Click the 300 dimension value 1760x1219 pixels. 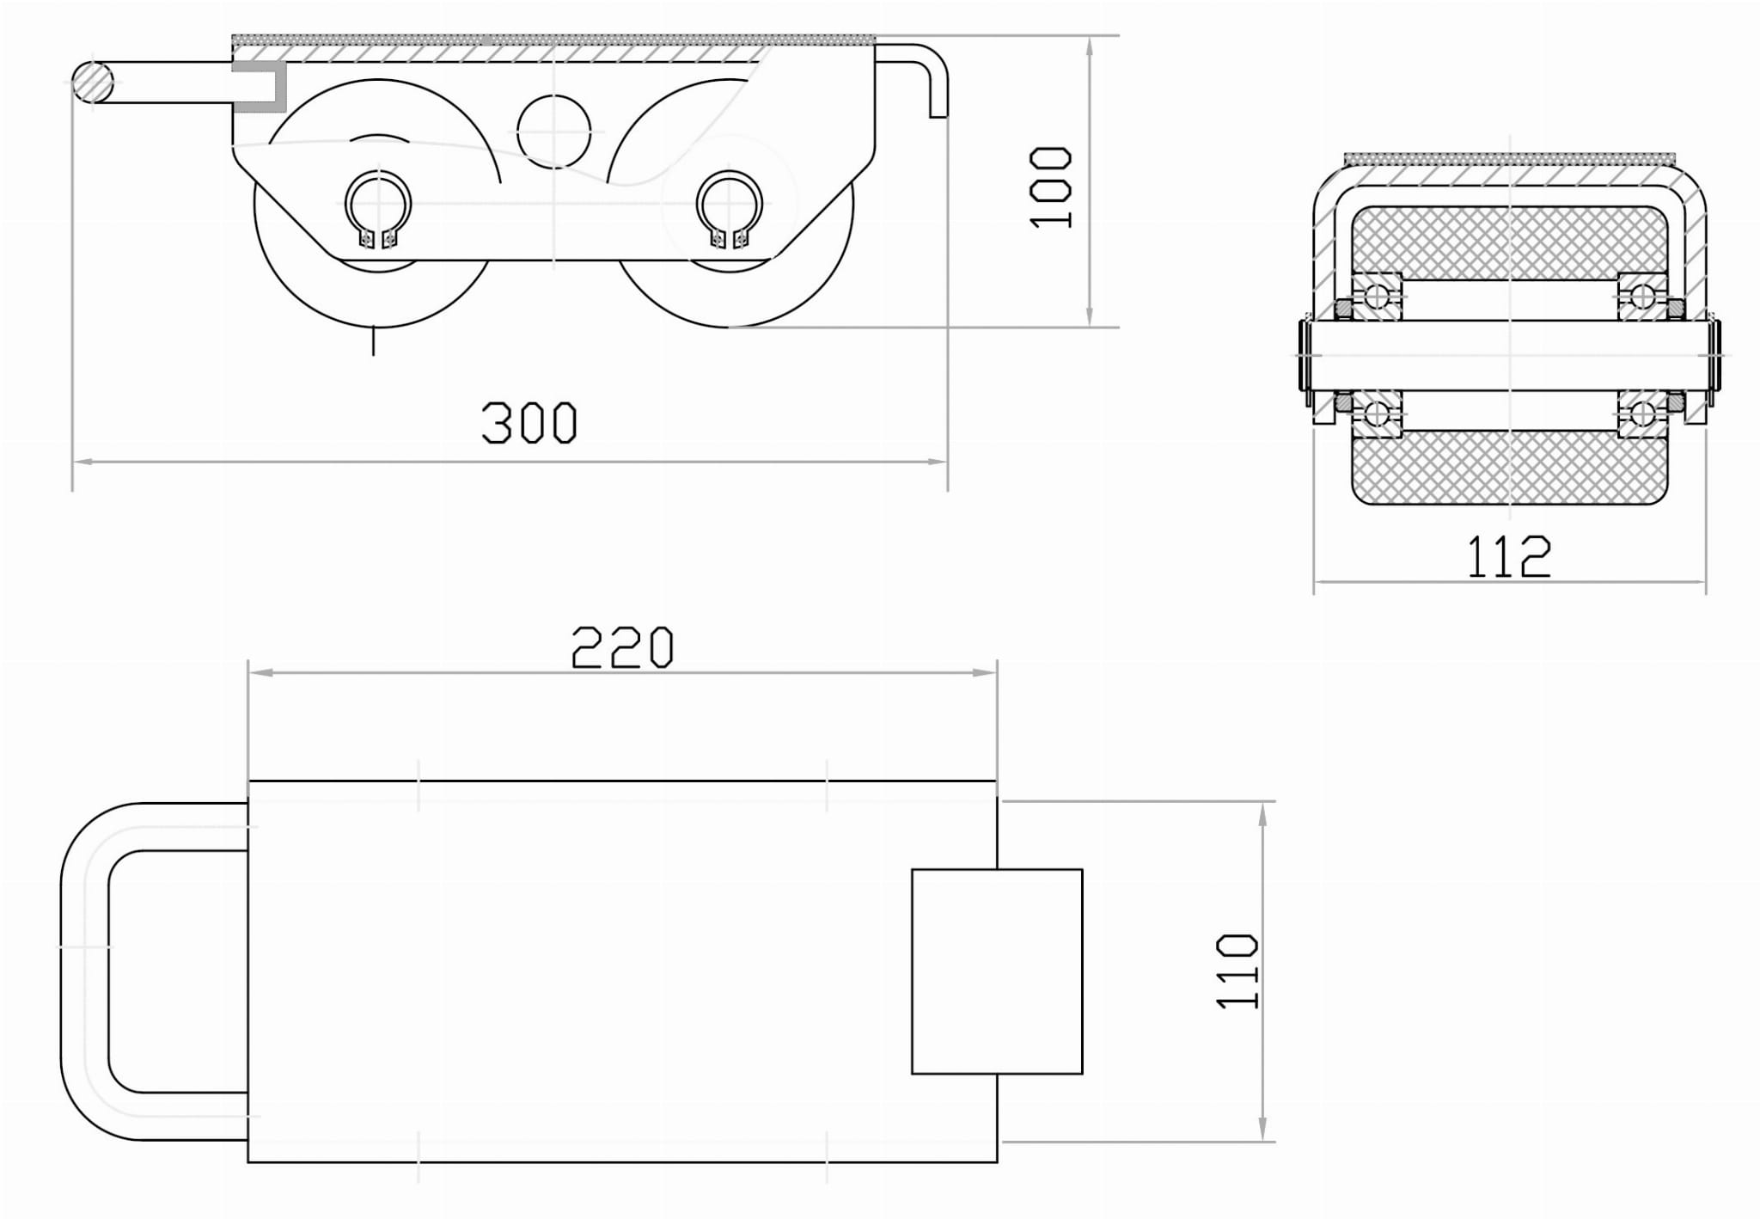[x=529, y=422]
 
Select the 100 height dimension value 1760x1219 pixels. [x=1051, y=187]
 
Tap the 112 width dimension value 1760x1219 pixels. [x=1509, y=556]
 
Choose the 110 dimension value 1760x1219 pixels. [x=1238, y=971]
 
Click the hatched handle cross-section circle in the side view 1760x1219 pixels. [x=92, y=83]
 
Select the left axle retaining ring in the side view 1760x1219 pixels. [x=378, y=209]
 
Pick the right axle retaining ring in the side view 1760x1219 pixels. [x=730, y=209]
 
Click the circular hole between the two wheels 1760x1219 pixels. [x=554, y=131]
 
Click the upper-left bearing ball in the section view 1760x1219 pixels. [x=1376, y=296]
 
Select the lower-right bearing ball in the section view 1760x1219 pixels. [x=1641, y=414]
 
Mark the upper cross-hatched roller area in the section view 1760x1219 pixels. [x=1509, y=243]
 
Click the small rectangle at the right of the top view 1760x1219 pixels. [x=997, y=971]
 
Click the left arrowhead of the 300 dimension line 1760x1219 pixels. [x=82, y=462]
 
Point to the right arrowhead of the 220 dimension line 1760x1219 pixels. [x=986, y=672]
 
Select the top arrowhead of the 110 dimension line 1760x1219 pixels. [x=1262, y=812]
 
